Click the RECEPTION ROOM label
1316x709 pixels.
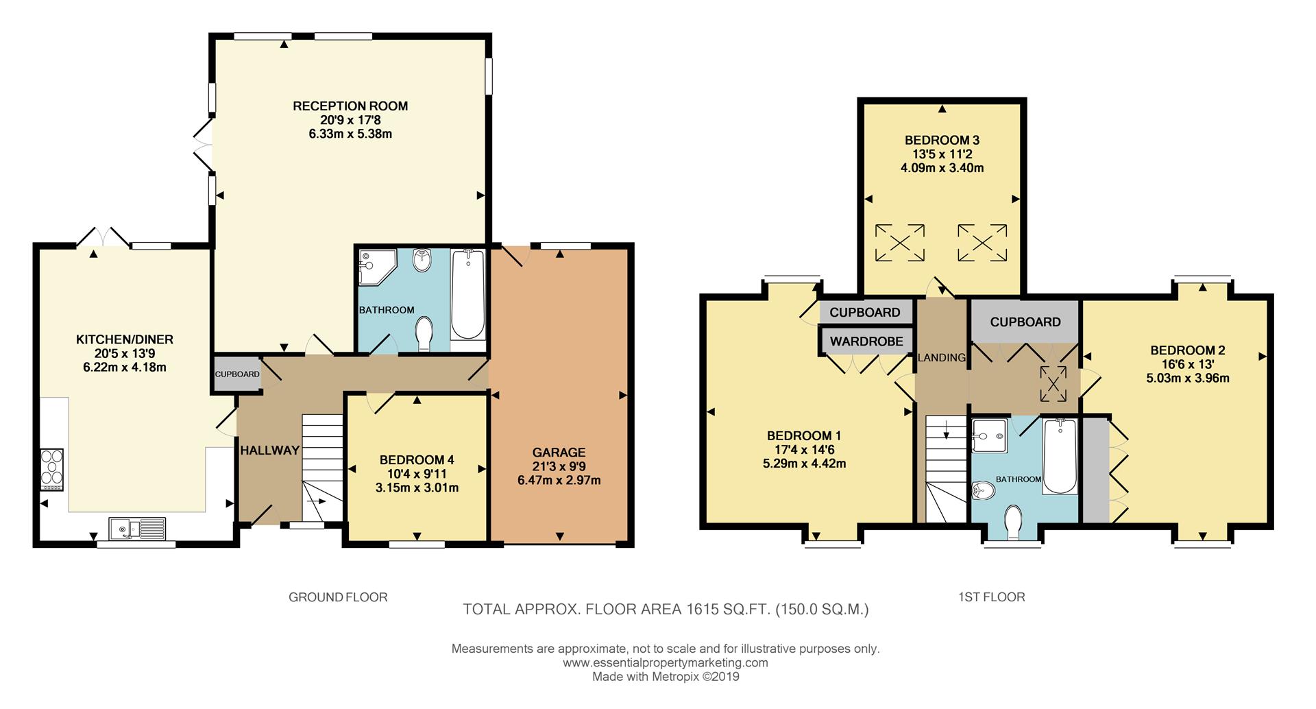[350, 106]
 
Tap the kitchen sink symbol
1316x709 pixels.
[136, 529]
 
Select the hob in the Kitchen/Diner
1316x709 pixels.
[52, 469]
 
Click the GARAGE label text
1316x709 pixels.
[559, 452]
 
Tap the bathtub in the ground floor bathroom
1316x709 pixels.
[468, 294]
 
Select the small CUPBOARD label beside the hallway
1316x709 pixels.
[237, 374]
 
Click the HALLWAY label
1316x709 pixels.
[269, 450]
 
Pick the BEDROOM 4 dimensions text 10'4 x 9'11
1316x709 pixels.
[417, 474]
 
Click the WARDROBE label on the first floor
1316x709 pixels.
[866, 341]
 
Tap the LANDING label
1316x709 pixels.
[942, 357]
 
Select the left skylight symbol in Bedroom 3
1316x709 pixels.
[900, 243]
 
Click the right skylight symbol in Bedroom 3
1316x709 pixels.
[982, 243]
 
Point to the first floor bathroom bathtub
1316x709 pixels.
[1059, 457]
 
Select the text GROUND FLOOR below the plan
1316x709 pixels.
[338, 597]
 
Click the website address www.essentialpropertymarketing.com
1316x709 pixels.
[665, 662]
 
